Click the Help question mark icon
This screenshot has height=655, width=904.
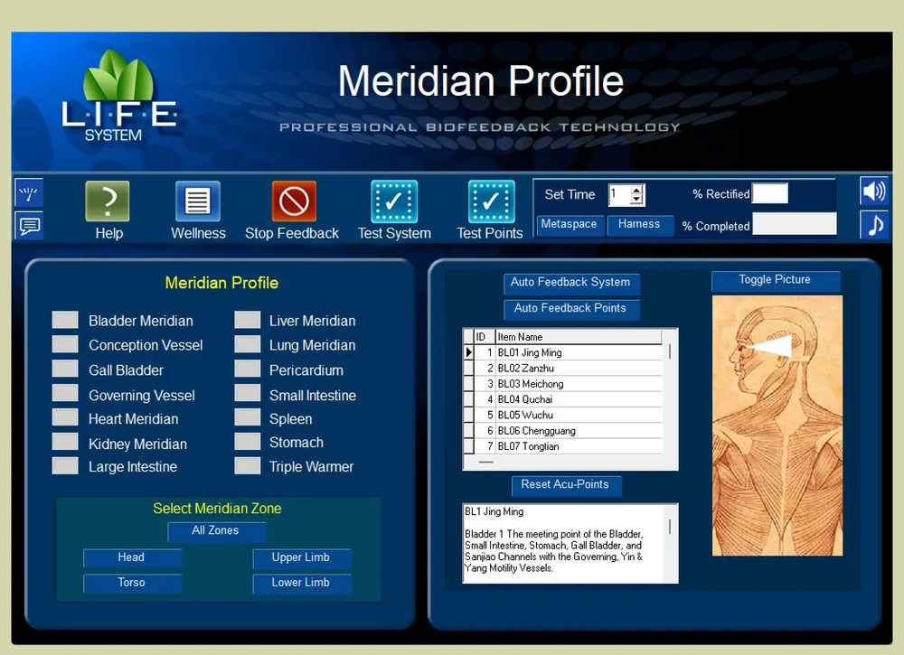(108, 201)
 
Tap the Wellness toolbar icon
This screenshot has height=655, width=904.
(198, 201)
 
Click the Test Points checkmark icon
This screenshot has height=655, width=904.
(491, 201)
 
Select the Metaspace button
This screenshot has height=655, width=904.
(569, 225)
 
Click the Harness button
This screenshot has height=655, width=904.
(639, 225)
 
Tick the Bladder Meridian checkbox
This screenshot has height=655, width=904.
(65, 320)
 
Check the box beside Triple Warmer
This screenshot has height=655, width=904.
(248, 466)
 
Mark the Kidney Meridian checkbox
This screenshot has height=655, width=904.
(65, 442)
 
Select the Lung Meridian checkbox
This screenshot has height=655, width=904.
(248, 344)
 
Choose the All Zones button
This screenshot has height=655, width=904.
(216, 531)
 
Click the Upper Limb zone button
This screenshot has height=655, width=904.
(301, 558)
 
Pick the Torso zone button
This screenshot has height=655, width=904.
(132, 584)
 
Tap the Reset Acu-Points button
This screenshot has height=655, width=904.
(565, 485)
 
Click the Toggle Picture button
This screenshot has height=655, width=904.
(775, 280)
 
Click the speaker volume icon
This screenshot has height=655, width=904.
(874, 192)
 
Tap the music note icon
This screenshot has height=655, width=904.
(874, 224)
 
